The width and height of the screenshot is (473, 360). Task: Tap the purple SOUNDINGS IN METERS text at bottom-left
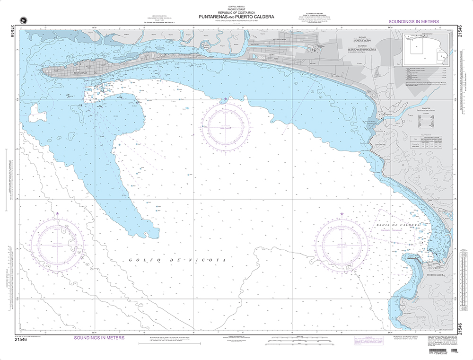click(x=99, y=338)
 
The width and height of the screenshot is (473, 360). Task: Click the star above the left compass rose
click(x=57, y=214)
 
